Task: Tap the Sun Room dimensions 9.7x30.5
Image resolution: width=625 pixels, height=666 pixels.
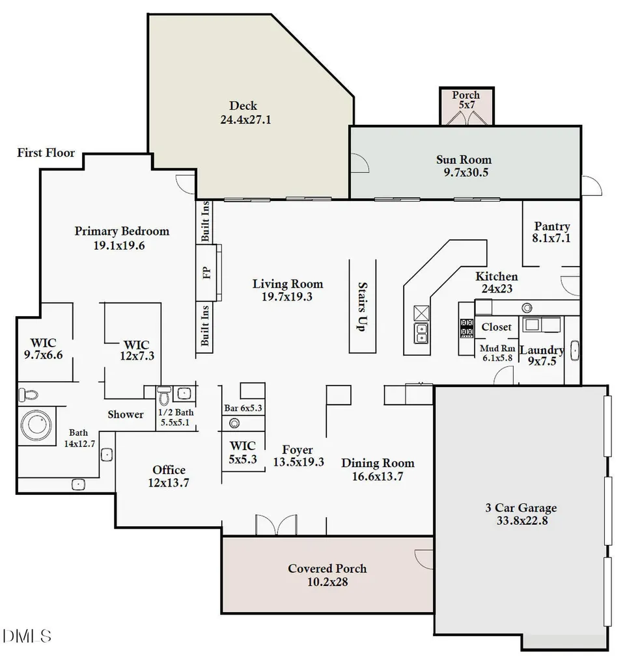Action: coord(466,172)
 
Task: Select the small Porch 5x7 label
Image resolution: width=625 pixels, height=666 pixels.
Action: coord(466,100)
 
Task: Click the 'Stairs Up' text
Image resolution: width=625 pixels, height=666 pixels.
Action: coord(362,307)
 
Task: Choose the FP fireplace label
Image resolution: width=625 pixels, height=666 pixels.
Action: coord(206,273)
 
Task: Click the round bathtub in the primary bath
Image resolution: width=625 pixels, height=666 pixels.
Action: coord(36,425)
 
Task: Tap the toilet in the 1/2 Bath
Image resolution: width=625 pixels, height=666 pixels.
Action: coord(164,395)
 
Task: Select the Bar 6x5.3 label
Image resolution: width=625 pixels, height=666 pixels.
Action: coord(243,408)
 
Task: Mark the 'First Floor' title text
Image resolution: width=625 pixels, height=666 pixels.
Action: coord(46,153)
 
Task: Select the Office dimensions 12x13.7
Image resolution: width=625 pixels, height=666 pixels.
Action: coord(169,483)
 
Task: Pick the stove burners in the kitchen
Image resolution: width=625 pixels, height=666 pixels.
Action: coord(467,328)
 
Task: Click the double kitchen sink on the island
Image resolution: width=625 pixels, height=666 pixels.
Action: coord(421,333)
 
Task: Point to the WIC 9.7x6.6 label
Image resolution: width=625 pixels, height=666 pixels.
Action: coord(44,349)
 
